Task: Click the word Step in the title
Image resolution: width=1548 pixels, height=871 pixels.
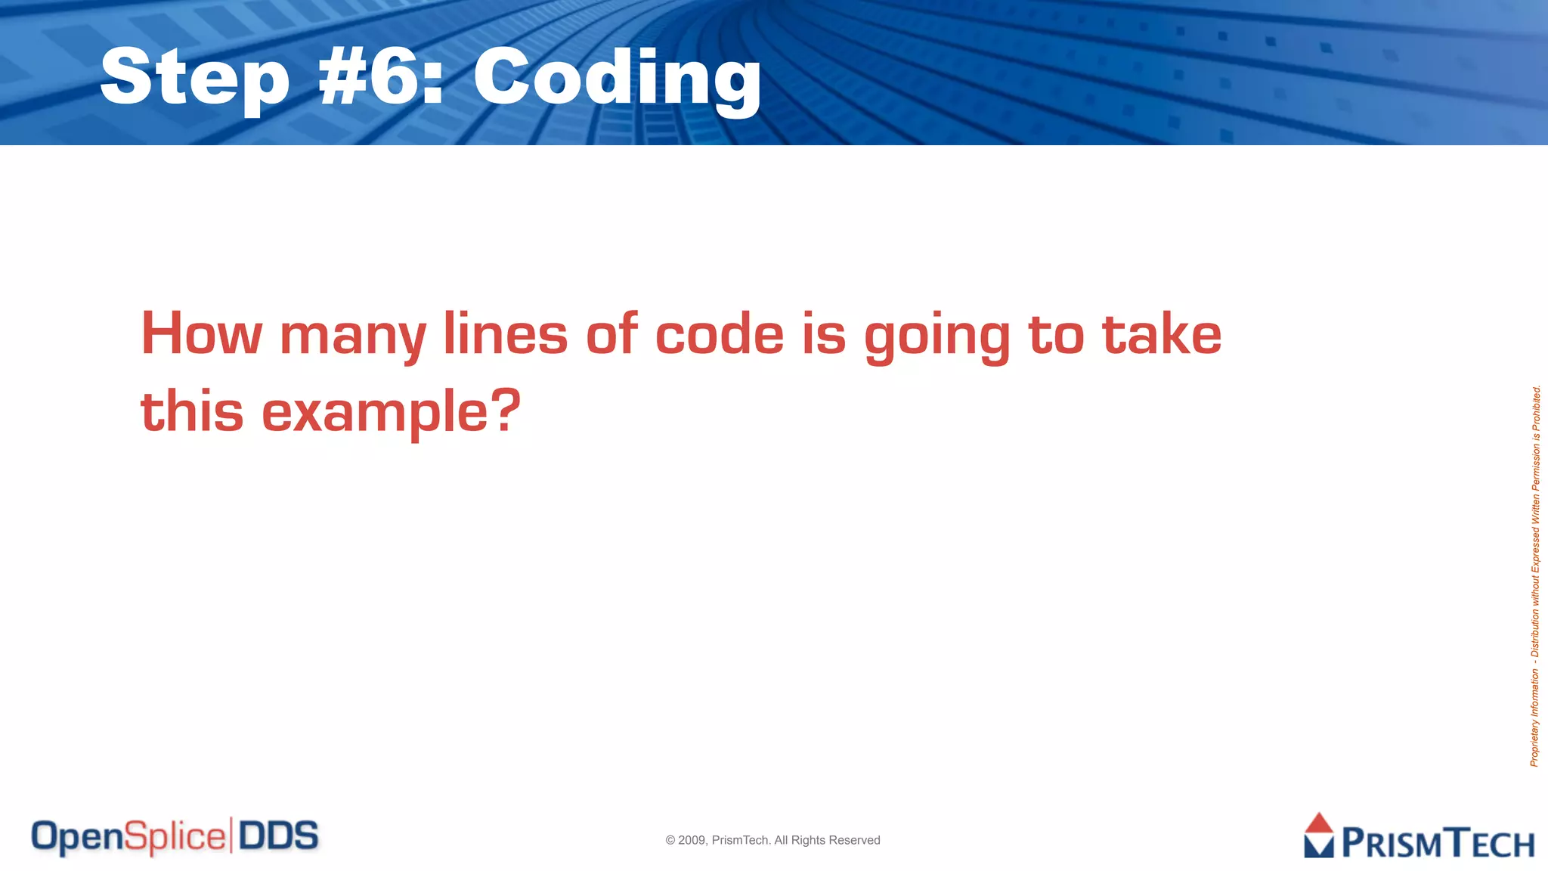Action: point(194,78)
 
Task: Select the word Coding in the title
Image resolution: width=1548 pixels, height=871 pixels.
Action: point(617,78)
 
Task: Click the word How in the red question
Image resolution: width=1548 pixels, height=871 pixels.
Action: point(201,333)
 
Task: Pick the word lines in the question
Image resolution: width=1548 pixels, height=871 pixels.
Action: point(505,333)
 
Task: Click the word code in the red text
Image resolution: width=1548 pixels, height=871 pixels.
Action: point(719,333)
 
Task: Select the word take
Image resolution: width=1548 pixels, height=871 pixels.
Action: point(1162,333)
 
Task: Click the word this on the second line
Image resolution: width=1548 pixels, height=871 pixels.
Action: point(192,411)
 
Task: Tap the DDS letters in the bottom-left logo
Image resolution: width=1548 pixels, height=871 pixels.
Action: point(278,836)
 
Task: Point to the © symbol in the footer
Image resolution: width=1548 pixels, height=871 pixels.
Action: point(670,840)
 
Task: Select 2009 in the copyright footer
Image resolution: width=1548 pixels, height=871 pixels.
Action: point(692,840)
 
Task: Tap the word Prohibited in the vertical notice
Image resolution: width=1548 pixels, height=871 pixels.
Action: point(1536,408)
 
